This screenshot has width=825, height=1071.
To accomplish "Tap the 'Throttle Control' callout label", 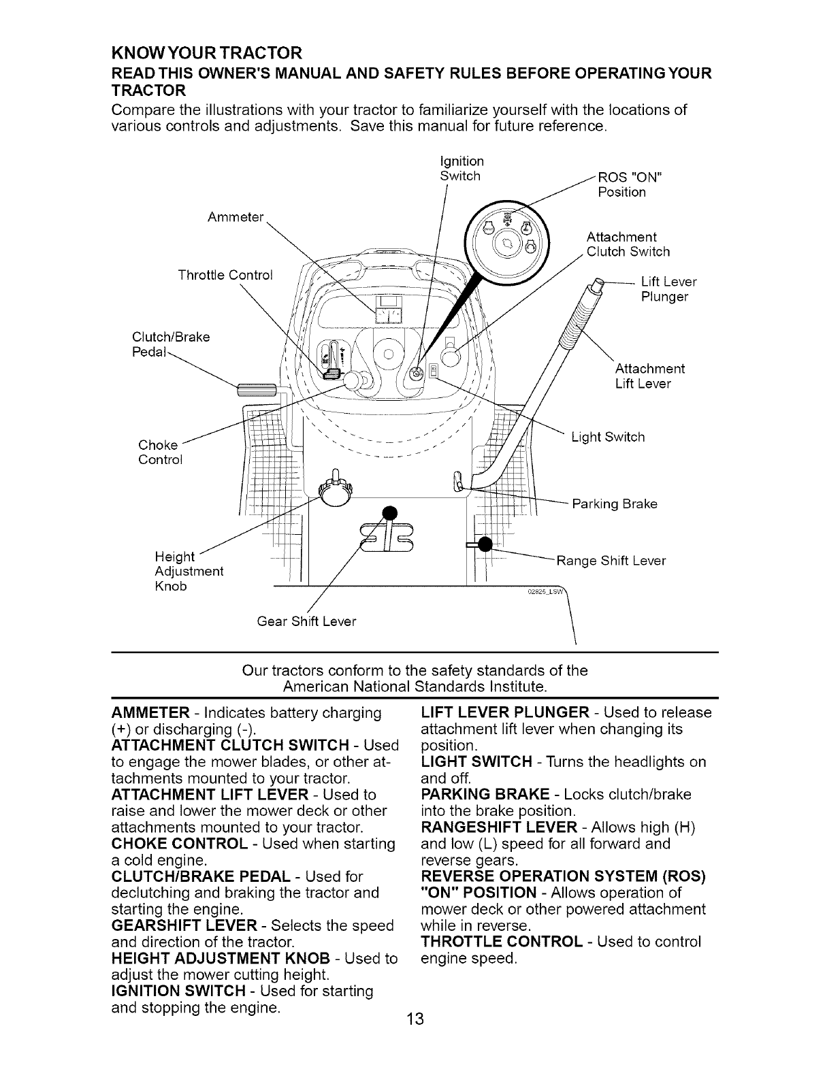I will [x=225, y=275].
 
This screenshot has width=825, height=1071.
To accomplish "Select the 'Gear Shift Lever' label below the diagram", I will [x=306, y=622].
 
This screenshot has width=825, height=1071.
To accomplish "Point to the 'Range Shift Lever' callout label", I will [x=611, y=561].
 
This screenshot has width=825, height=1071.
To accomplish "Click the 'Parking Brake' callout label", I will [x=615, y=504].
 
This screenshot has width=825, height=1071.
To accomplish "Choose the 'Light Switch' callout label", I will [x=608, y=437].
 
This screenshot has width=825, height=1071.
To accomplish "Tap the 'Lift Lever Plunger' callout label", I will [x=668, y=289].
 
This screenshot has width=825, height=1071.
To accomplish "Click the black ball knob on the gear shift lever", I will [x=389, y=512].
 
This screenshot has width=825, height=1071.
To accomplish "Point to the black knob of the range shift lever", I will [x=485, y=544].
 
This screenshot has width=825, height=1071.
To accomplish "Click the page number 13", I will [x=413, y=1019].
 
